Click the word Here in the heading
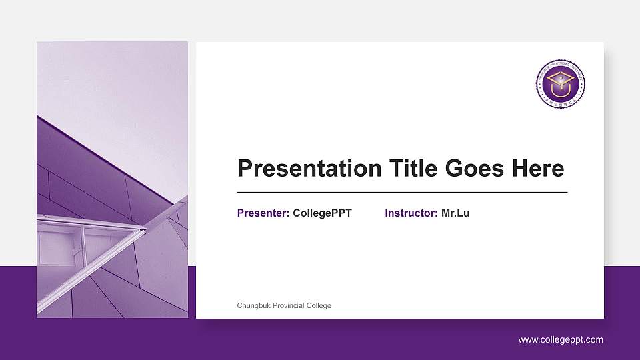538,169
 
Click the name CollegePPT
322,213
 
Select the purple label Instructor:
411,213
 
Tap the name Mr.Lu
455,213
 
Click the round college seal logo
561,83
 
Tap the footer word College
319,305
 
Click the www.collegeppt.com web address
561,340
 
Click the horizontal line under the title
402,192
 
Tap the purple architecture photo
112,180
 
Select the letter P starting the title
245,169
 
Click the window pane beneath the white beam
59,247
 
